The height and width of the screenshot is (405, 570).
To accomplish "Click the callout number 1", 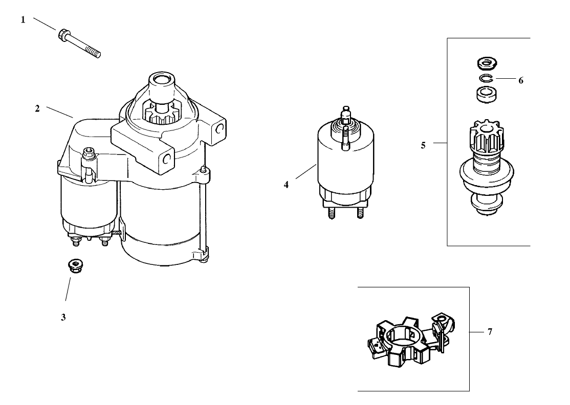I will click(23, 20).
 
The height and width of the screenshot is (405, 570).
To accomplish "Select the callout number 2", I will click(37, 109).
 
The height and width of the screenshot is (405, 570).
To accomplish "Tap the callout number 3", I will click(63, 317).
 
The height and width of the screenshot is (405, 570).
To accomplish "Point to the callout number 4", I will click(287, 185).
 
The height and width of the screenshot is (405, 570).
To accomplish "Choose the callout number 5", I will click(423, 145).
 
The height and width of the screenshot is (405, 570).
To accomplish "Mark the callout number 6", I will click(521, 80).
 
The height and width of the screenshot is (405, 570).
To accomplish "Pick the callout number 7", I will click(490, 332).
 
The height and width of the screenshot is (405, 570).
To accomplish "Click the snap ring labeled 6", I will click(486, 78).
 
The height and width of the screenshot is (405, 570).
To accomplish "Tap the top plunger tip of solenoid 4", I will click(346, 109).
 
